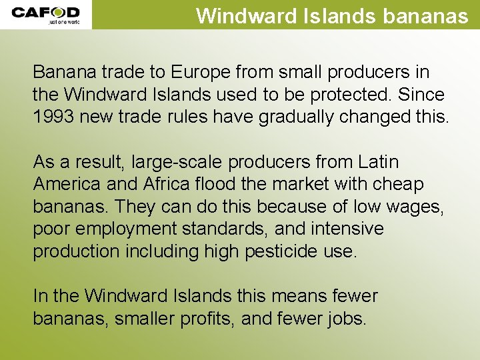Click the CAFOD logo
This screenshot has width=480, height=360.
[x=45, y=15]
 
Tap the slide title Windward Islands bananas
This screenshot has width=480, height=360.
[x=332, y=15]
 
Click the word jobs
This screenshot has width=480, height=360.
[x=346, y=319]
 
